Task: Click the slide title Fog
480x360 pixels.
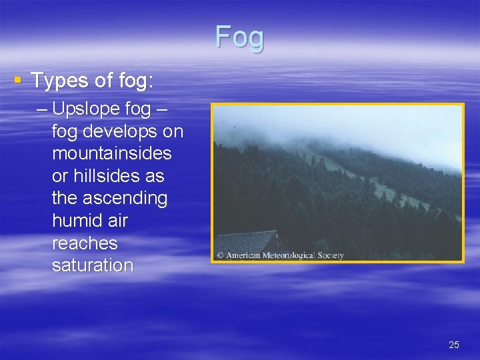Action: pyautogui.click(x=239, y=37)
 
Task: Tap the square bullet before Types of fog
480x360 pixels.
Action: pyautogui.click(x=18, y=81)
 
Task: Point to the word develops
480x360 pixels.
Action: pyautogui.click(x=117, y=131)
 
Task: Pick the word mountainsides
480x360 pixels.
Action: pyautogui.click(x=111, y=153)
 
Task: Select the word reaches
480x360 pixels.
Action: pyautogui.click(x=84, y=243)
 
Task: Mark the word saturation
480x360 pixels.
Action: pyautogui.click(x=93, y=265)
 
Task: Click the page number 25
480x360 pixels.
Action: pyautogui.click(x=454, y=345)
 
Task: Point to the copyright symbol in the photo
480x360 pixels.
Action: pyautogui.click(x=219, y=255)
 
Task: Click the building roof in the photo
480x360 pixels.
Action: pyautogui.click(x=247, y=239)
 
